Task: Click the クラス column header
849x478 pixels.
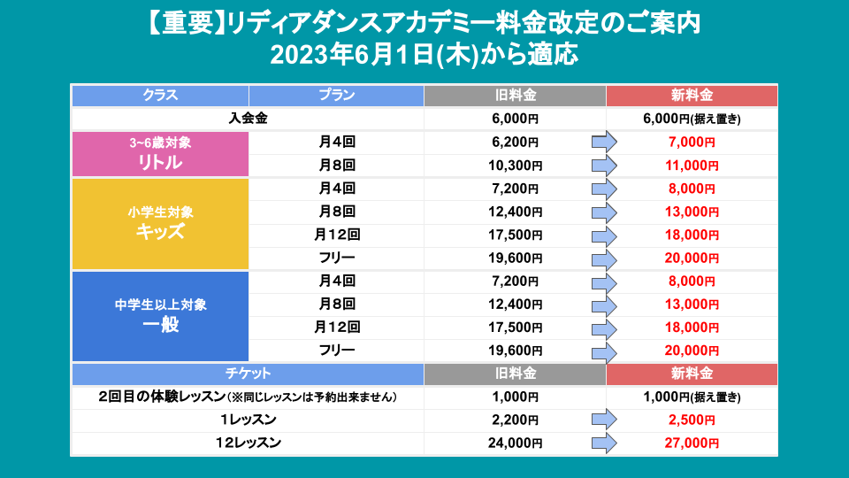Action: (x=160, y=95)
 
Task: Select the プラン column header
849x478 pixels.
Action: (x=336, y=95)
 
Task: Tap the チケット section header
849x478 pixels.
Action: (x=248, y=374)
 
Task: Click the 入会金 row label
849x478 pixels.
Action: (x=248, y=119)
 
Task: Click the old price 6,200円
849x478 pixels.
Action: (x=515, y=142)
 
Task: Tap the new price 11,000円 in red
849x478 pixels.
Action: (x=692, y=166)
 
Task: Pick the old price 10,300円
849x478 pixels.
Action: (x=515, y=166)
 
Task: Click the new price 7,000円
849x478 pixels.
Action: (x=692, y=142)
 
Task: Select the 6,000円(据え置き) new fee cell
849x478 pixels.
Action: (x=692, y=119)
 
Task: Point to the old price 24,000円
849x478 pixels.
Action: (x=515, y=443)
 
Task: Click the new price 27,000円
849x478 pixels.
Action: (x=692, y=443)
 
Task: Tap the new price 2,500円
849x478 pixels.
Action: (x=692, y=420)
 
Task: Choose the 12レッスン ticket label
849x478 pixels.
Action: (x=248, y=443)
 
